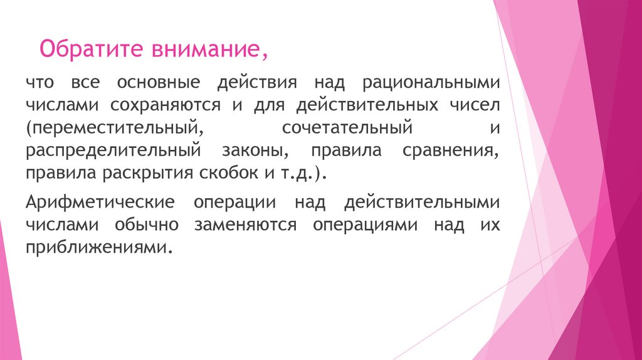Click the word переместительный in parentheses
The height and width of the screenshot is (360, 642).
[115, 129]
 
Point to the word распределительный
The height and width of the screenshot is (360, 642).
[113, 151]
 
